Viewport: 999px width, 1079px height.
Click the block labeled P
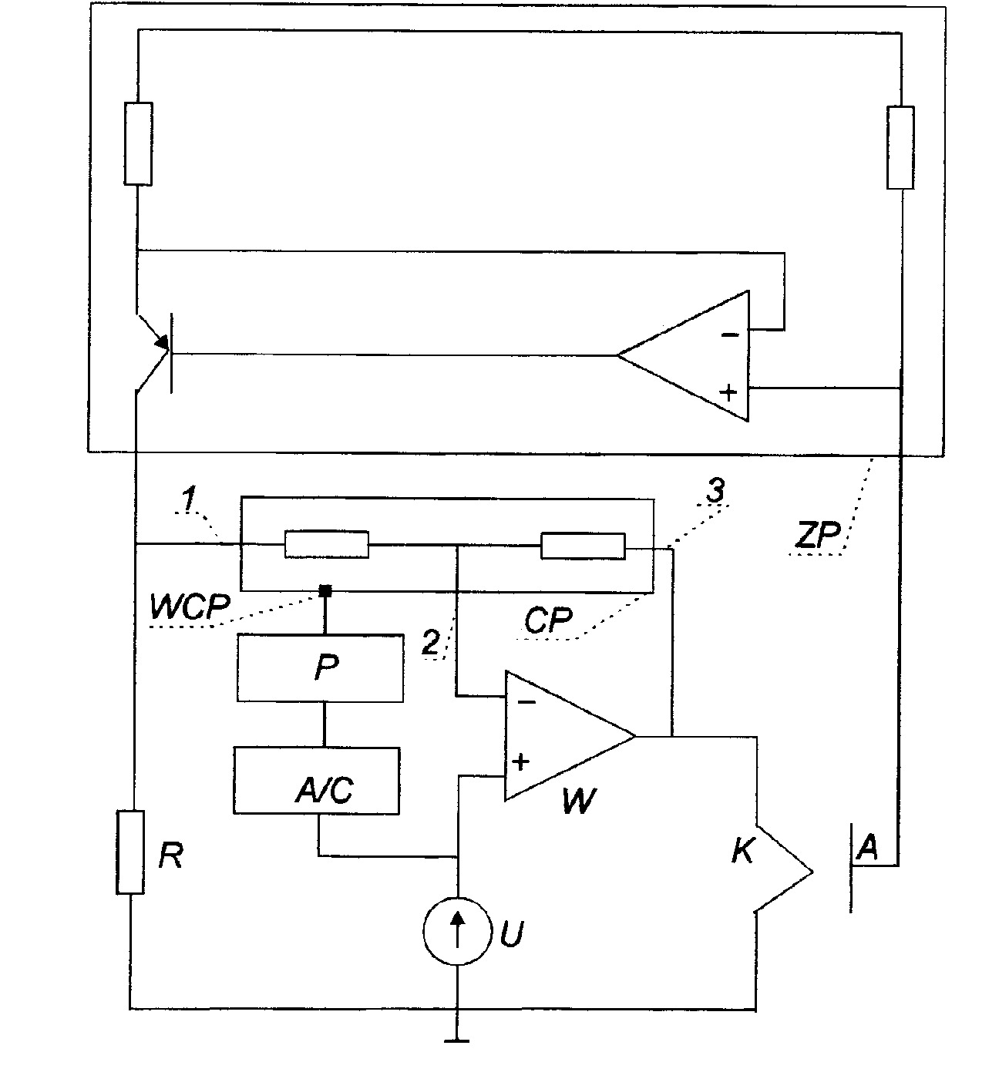[320, 667]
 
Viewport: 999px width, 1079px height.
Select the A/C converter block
[317, 780]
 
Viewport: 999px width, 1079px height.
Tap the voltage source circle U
[458, 931]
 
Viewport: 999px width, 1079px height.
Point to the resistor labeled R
[130, 852]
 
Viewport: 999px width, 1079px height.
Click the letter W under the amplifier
[579, 802]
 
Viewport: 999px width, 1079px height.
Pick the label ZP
[817, 533]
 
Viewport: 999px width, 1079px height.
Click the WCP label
[190, 607]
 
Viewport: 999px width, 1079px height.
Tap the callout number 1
[188, 498]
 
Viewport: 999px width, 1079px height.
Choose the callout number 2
[430, 642]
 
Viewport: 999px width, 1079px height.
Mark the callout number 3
[715, 491]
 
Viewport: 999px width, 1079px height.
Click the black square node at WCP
[325, 590]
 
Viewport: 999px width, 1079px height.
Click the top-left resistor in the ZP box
[138, 143]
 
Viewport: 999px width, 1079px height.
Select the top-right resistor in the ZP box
[900, 147]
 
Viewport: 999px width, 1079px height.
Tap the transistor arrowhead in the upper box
[162, 341]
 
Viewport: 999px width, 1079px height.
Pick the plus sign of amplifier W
[520, 761]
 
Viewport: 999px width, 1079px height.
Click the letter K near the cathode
[742, 850]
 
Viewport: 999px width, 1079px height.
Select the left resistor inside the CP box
[327, 544]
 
